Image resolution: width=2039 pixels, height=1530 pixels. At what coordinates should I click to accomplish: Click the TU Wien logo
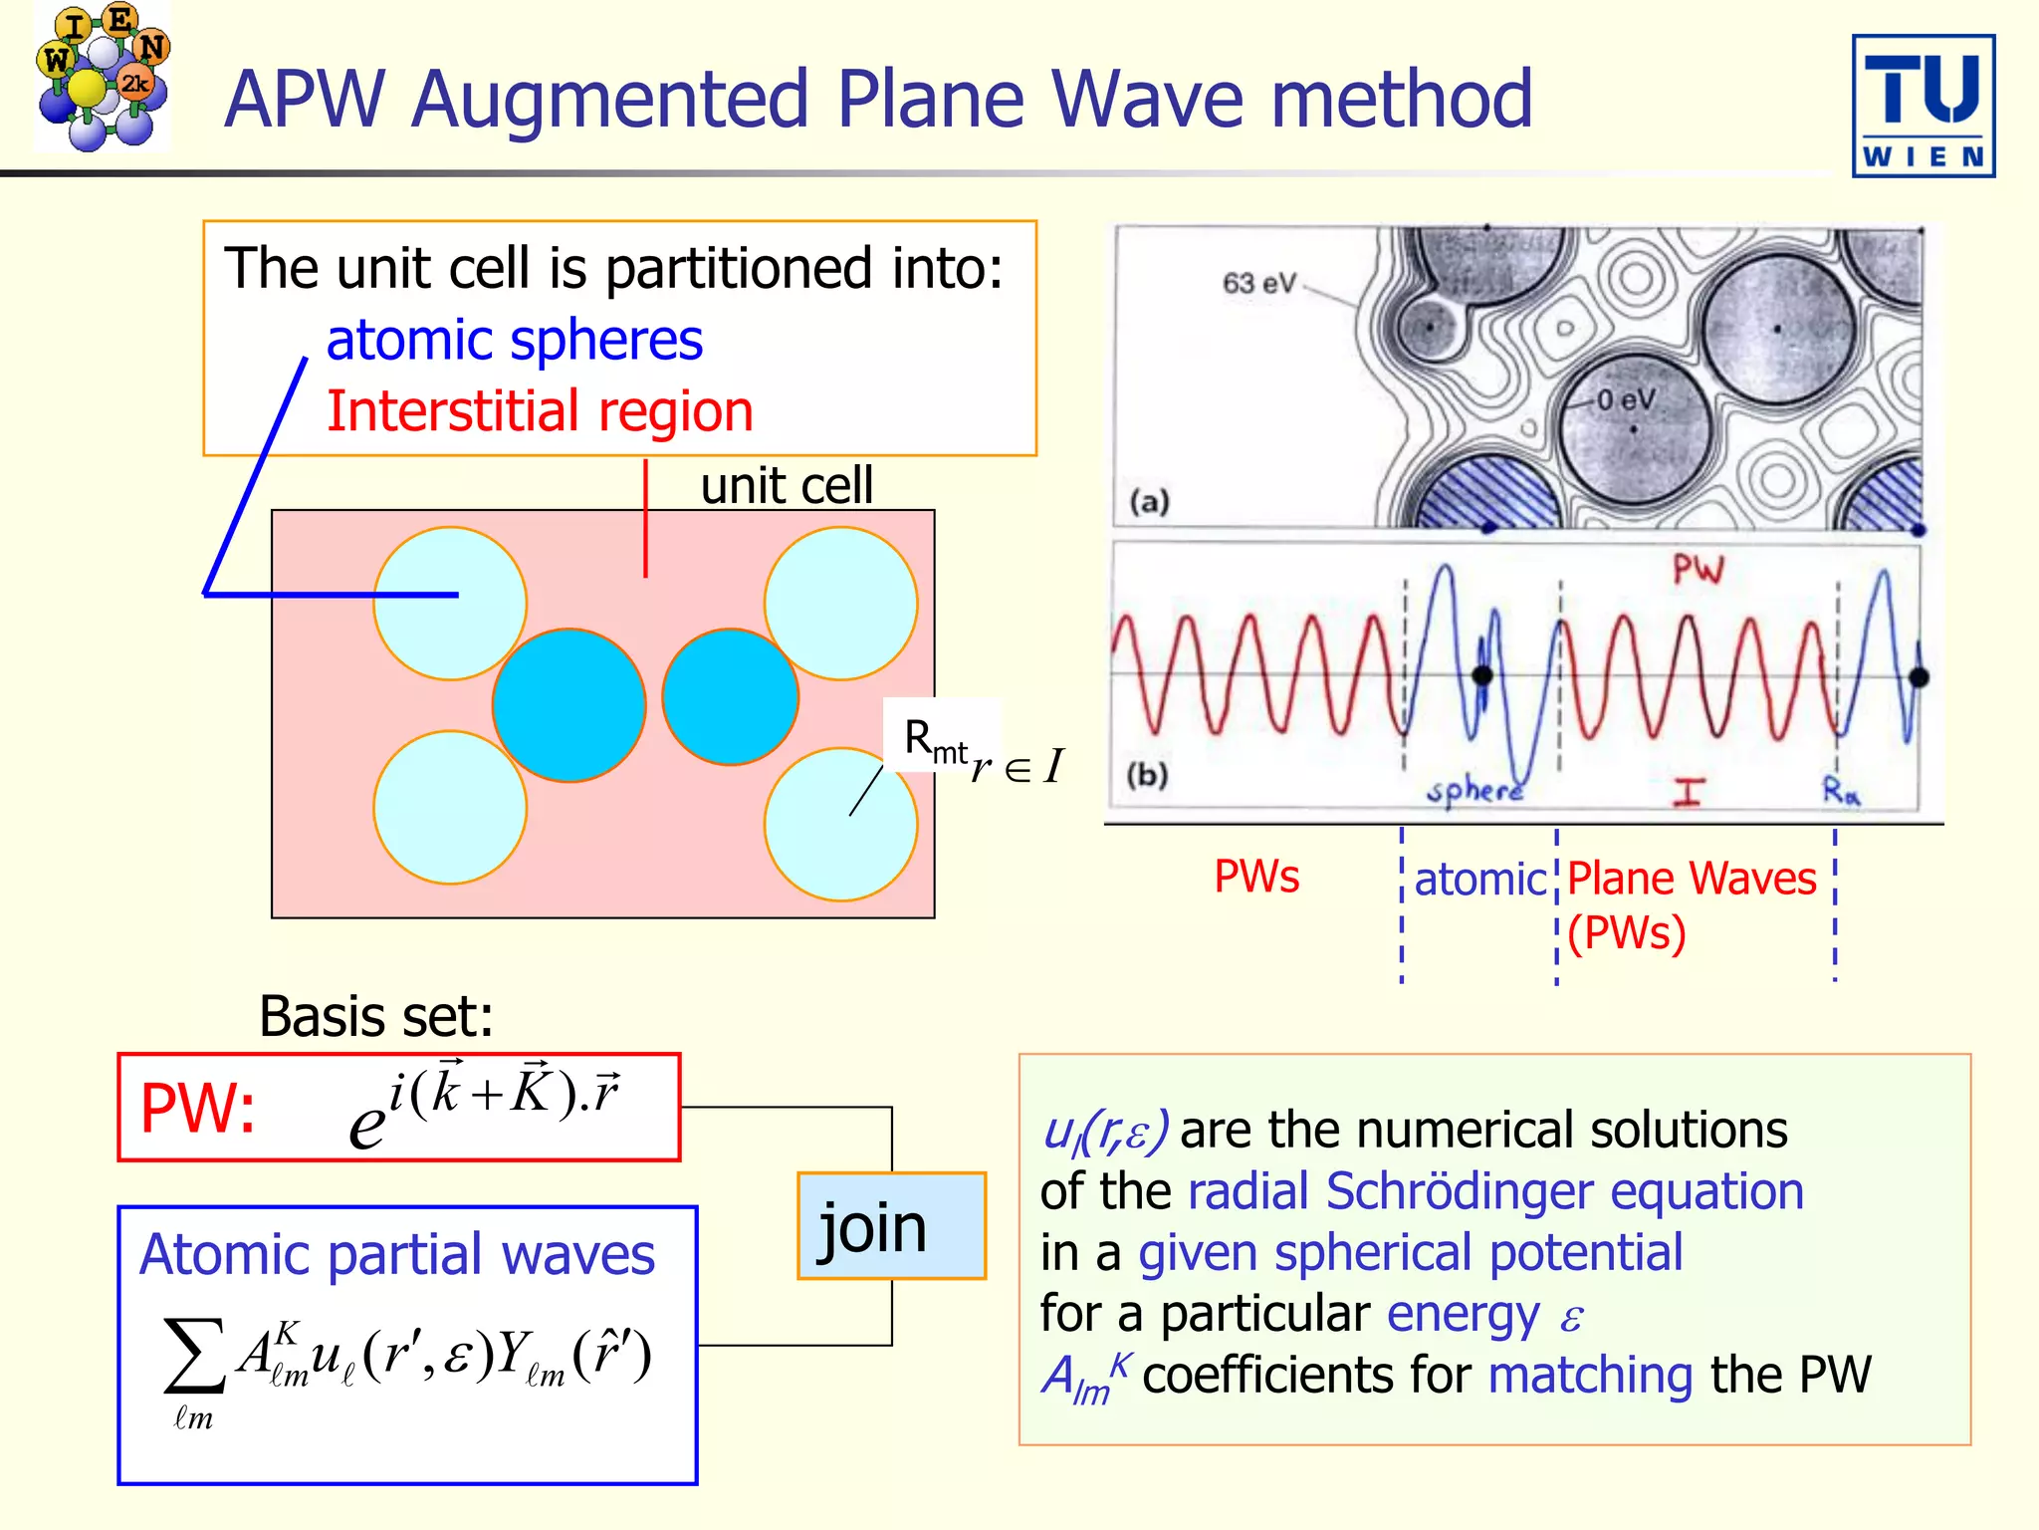click(1923, 106)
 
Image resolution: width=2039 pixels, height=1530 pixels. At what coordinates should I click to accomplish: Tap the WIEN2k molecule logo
click(102, 78)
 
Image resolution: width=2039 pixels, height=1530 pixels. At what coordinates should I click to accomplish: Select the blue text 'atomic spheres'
click(514, 341)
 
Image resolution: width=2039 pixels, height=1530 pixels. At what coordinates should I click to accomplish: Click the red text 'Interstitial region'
click(540, 411)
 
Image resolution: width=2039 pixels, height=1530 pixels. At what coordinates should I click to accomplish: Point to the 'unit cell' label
click(787, 486)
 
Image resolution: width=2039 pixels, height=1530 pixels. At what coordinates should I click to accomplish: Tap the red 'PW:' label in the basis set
click(198, 1108)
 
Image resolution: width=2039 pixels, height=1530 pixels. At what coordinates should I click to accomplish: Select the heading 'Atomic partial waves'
click(397, 1254)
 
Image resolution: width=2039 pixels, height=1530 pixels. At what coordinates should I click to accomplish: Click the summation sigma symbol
click(193, 1356)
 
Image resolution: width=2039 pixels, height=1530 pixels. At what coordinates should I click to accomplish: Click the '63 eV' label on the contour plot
click(1258, 284)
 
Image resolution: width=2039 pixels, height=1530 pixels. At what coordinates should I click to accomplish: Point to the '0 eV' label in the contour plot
click(1626, 400)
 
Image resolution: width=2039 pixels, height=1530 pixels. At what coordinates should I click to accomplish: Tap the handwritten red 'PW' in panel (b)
click(1698, 570)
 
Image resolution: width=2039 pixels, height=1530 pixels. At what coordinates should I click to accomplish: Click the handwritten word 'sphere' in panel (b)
click(1474, 792)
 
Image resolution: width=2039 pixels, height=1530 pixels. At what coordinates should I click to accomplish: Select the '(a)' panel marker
click(1149, 501)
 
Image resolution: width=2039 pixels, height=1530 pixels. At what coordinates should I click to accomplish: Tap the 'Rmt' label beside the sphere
click(934, 741)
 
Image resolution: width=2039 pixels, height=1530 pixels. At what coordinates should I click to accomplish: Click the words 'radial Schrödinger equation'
click(1495, 1192)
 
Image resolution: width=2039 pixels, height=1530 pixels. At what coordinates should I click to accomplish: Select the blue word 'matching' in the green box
click(1590, 1376)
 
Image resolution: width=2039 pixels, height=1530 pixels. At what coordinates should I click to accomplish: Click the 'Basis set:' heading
click(376, 1017)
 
